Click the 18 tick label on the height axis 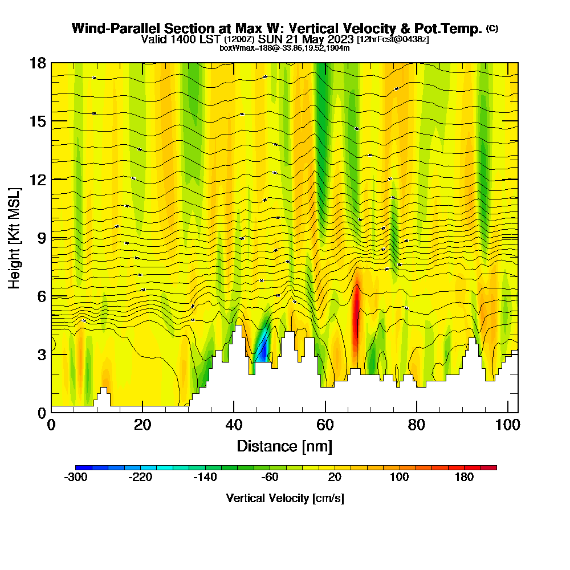(x=38, y=63)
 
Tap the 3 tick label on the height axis (x=42, y=355)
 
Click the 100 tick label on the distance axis (x=507, y=426)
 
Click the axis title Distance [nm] (x=284, y=446)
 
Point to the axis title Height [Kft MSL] (x=15, y=238)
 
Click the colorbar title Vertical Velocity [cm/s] (x=284, y=498)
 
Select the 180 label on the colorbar (x=464, y=477)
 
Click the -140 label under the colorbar (x=205, y=477)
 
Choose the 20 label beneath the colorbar (x=335, y=477)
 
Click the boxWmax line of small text (x=284, y=48)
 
